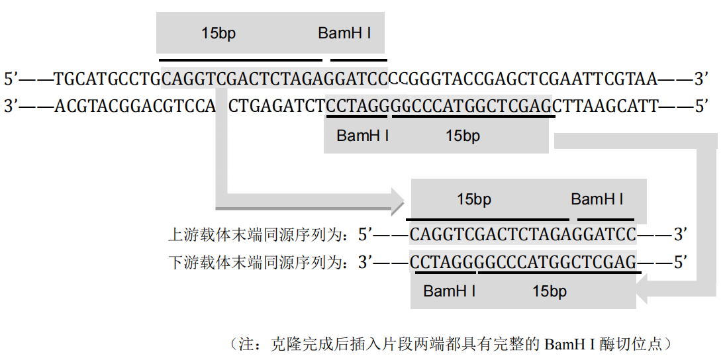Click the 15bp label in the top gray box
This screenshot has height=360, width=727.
(218, 33)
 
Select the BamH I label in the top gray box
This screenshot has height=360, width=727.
(344, 33)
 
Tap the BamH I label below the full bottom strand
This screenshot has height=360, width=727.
(362, 136)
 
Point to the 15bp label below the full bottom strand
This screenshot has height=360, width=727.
(462, 136)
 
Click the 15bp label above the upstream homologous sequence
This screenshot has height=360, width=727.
(473, 199)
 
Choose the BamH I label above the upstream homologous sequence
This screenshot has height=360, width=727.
(597, 199)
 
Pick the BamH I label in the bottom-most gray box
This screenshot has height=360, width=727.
(449, 291)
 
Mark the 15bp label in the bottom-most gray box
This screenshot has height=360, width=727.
(549, 291)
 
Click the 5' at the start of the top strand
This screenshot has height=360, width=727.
(12, 80)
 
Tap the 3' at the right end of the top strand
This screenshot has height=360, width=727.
(701, 80)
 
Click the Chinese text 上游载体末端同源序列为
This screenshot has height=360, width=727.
(258, 234)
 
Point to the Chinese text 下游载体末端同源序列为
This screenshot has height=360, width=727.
(258, 263)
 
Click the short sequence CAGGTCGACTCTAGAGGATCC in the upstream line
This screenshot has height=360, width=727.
(522, 234)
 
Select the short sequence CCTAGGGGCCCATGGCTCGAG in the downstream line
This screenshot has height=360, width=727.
(523, 263)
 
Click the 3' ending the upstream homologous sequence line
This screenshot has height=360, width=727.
(681, 234)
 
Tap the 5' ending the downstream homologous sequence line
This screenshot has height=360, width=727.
(681, 263)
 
